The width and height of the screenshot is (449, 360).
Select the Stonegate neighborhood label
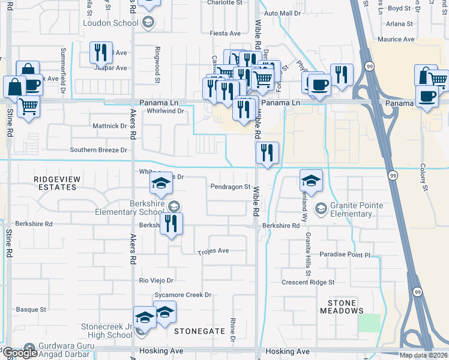pyautogui.click(x=199, y=331)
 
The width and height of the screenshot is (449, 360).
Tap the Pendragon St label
pyautogui.click(x=230, y=187)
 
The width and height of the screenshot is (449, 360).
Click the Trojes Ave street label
pyautogui.click(x=213, y=251)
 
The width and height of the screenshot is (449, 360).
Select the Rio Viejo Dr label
pyautogui.click(x=156, y=280)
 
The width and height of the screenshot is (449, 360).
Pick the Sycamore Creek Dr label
pyautogui.click(x=183, y=295)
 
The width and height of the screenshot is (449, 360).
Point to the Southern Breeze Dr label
pyautogui.click(x=98, y=150)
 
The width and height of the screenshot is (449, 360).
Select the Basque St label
pyautogui.click(x=31, y=310)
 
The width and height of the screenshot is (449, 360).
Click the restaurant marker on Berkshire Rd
pyautogui.click(x=172, y=224)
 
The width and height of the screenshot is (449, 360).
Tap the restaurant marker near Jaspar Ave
pyautogui.click(x=101, y=52)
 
